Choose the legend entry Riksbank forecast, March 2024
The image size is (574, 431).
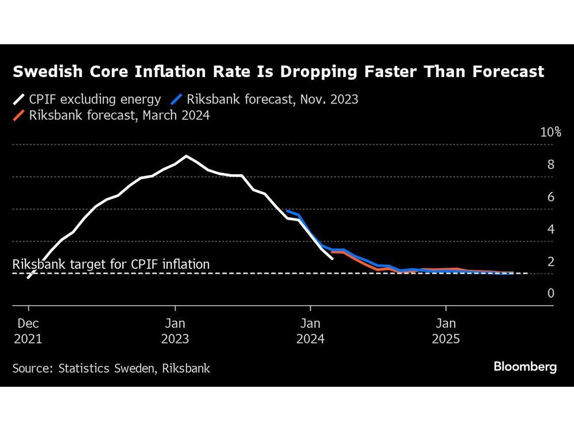point(111,116)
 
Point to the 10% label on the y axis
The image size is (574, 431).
point(550,132)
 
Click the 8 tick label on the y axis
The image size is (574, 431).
point(550,165)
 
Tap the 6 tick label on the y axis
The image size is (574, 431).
point(550,197)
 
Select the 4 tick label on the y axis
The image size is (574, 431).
point(550,229)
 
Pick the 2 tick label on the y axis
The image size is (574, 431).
point(550,262)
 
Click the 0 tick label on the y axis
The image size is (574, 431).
point(550,294)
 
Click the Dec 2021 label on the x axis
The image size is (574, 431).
point(28,331)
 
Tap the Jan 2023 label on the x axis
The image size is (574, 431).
point(175,331)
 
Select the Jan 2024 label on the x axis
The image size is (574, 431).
point(311,331)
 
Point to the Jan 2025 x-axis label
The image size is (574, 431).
point(446,331)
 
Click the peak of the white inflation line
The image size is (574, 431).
point(186,156)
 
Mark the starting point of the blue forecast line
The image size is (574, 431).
point(286,211)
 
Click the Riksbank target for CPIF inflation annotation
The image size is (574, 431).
point(111,264)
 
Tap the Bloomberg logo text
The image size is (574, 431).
point(525,367)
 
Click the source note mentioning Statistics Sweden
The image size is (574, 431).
point(111,368)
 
